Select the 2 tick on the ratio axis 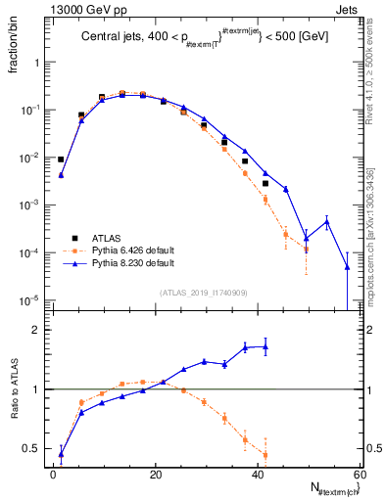point(34,331)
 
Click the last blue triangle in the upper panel point(347,265)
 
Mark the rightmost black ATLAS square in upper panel point(265,183)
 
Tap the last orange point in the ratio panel point(265,454)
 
